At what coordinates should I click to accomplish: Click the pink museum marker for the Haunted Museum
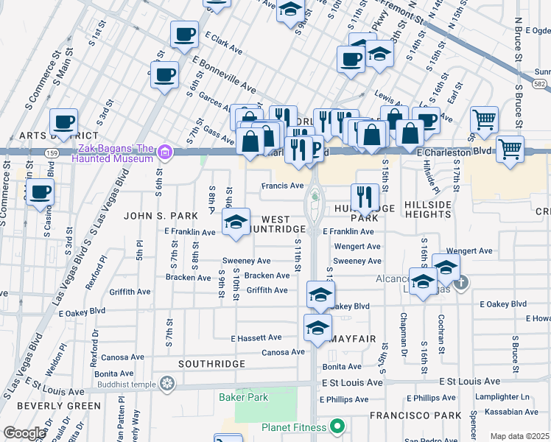click(165, 152)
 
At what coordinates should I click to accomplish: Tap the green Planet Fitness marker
click(337, 427)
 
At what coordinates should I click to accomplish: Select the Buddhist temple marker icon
click(168, 384)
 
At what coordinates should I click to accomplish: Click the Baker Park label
click(243, 398)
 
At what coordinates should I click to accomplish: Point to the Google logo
click(24, 433)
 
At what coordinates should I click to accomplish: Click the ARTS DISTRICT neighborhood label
click(59, 136)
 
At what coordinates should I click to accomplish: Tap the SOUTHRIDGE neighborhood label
click(211, 365)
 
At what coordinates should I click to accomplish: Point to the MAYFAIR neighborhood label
click(354, 339)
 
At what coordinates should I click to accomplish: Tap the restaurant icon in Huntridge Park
click(365, 197)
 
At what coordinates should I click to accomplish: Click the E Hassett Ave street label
click(256, 338)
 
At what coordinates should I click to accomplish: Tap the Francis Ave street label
click(283, 186)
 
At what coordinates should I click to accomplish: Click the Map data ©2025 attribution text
click(519, 436)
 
